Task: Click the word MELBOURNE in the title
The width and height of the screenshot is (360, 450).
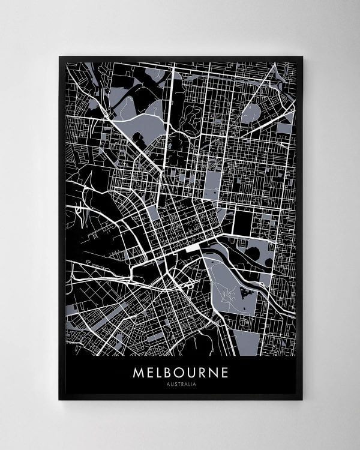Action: (180, 372)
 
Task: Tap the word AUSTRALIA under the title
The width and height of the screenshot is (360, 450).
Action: (180, 384)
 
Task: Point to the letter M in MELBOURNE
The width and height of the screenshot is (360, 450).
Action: (138, 372)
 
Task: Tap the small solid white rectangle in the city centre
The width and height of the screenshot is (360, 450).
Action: (194, 247)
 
